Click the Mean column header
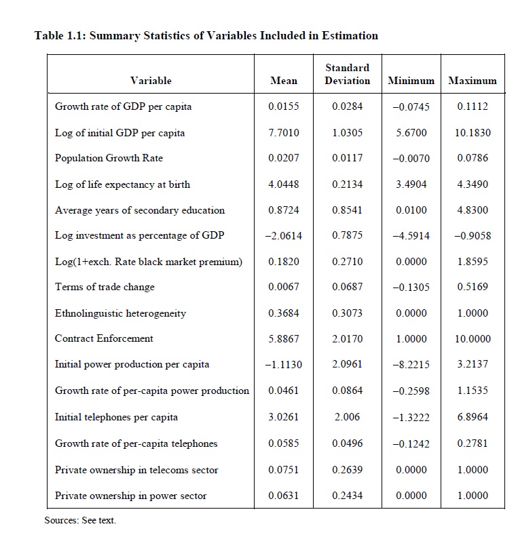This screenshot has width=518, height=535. tap(284, 81)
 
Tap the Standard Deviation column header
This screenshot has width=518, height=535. tap(347, 74)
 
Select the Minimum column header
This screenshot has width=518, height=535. tap(411, 81)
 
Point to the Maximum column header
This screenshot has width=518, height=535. tap(473, 81)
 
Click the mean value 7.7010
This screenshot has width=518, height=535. tap(284, 133)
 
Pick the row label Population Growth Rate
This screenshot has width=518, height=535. tap(109, 158)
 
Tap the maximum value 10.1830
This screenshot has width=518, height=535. tap(473, 133)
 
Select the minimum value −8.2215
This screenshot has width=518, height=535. tap(411, 365)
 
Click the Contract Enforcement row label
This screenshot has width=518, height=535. tap(104, 338)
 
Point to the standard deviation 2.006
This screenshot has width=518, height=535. tap(347, 417)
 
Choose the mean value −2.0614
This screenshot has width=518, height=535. tap(284, 236)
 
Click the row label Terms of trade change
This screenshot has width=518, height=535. tap(105, 287)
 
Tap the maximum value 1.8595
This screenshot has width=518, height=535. tap(473, 262)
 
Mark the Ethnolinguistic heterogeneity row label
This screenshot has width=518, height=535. tap(120, 313)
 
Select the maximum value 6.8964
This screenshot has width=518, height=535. tap(473, 417)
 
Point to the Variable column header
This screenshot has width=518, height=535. tap(151, 81)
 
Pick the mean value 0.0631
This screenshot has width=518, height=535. tap(284, 496)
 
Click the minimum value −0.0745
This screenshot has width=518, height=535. tap(411, 106)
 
